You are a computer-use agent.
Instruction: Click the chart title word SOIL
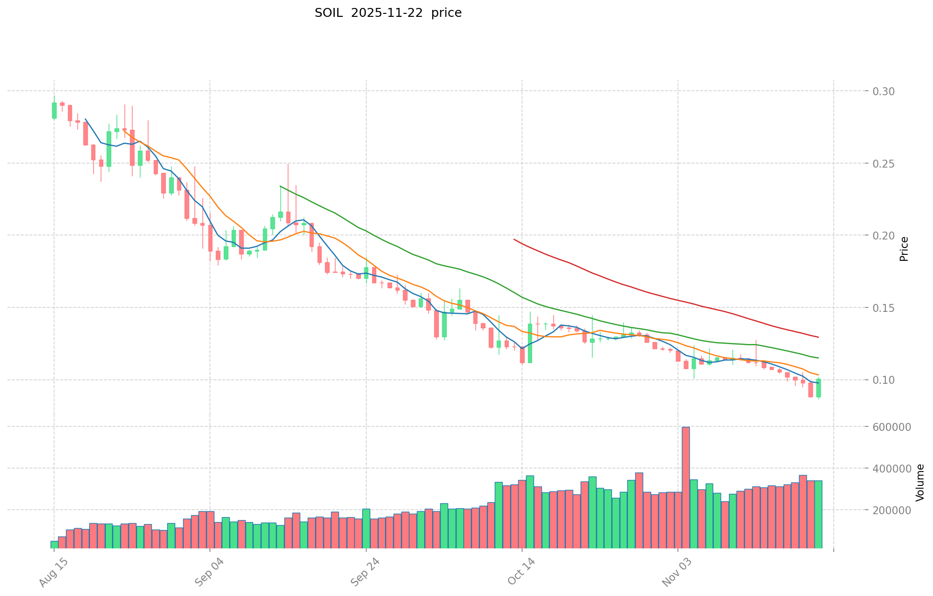(x=329, y=13)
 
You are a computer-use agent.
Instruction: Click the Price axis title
(x=904, y=249)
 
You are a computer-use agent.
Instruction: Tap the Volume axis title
(x=920, y=482)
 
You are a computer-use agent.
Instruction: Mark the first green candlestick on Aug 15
(x=54, y=110)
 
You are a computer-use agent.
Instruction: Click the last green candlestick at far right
(x=818, y=388)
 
